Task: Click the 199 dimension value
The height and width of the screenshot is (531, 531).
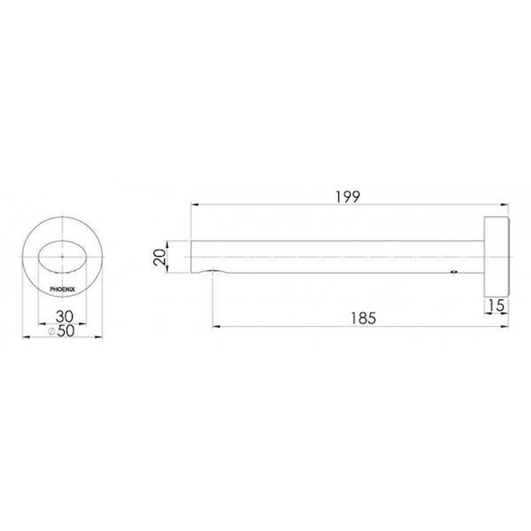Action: click(x=348, y=196)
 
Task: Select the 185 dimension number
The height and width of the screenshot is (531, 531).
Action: click(x=363, y=318)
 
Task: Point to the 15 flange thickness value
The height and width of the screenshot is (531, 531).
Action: click(x=497, y=306)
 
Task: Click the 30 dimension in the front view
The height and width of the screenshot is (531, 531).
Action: click(x=62, y=315)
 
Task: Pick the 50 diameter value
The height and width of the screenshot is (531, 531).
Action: click(x=65, y=331)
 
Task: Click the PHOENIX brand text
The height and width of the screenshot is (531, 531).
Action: click(x=62, y=290)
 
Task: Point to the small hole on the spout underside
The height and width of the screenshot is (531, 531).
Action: click(x=453, y=271)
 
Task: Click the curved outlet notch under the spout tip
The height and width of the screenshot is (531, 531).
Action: click(x=213, y=270)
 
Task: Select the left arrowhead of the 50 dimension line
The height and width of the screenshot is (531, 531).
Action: click(x=25, y=337)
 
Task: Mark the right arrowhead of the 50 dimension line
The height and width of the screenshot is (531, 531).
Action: click(x=99, y=337)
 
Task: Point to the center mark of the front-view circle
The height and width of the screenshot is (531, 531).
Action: click(x=62, y=257)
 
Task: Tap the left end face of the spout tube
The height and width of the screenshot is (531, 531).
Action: click(x=191, y=256)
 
